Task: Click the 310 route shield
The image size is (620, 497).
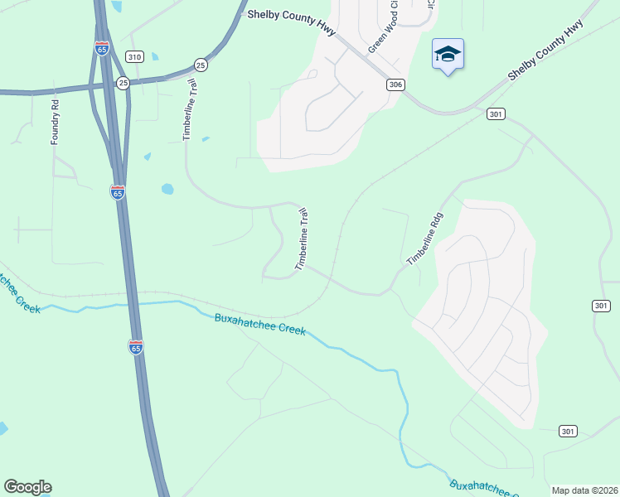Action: [134, 56]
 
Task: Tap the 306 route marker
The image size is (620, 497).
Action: [395, 84]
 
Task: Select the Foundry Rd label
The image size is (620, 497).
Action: [56, 123]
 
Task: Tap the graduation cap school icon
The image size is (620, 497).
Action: [448, 55]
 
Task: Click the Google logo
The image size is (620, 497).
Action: [27, 487]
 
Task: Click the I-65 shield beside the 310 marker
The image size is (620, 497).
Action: [102, 49]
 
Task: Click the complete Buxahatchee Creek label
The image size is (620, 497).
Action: [260, 324]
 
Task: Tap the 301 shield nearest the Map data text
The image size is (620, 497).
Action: [567, 431]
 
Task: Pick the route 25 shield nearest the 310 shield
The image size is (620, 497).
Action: [123, 83]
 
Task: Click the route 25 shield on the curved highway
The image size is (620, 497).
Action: [200, 64]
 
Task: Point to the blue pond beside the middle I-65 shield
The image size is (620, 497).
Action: [167, 189]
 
